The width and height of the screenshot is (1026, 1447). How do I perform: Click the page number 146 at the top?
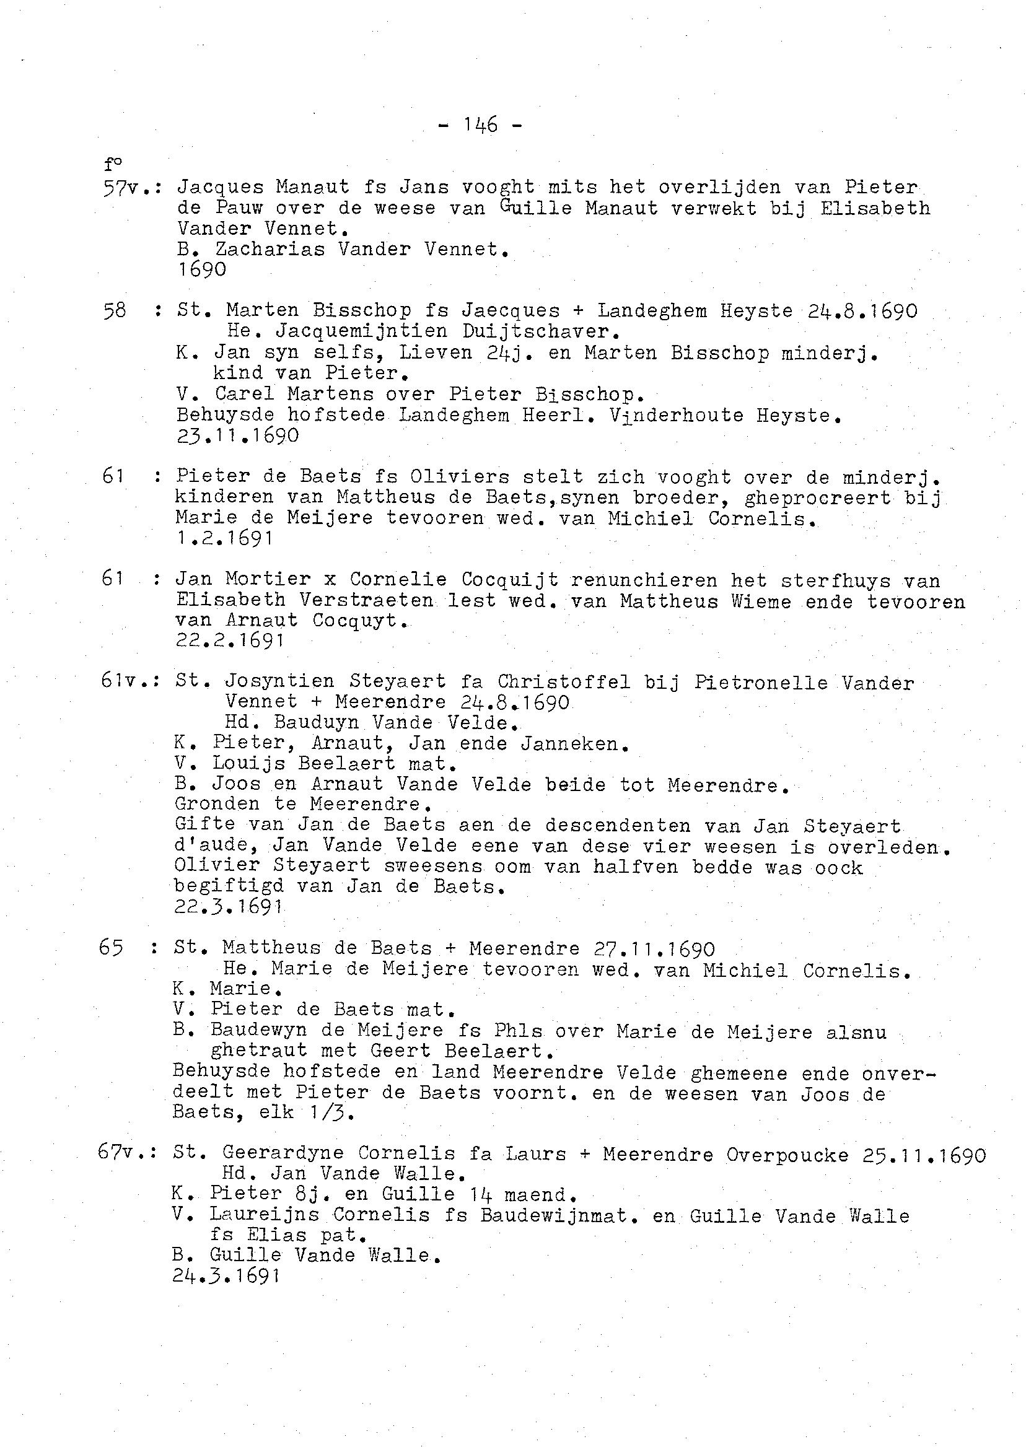(x=480, y=125)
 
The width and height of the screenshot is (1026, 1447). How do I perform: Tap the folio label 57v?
(x=125, y=187)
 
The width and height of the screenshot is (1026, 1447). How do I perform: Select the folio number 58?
(x=115, y=310)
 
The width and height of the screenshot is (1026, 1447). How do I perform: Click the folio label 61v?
(x=124, y=681)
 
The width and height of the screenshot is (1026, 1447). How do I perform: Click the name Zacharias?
(x=270, y=250)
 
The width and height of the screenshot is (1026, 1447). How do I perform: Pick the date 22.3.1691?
(x=227, y=907)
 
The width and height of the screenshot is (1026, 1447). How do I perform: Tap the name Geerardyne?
(x=283, y=1153)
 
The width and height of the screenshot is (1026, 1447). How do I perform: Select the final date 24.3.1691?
(x=226, y=1276)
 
